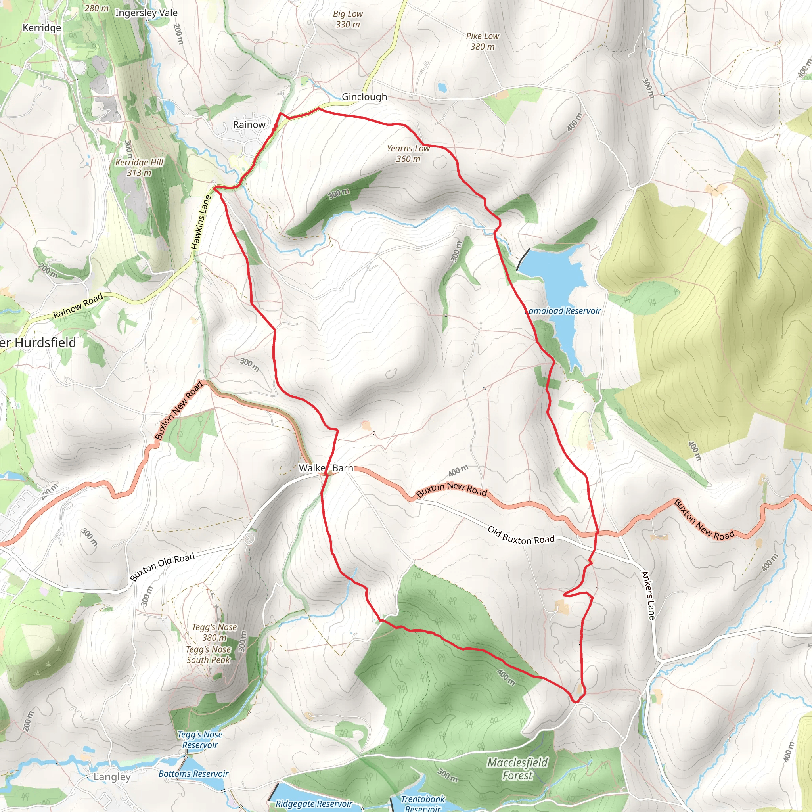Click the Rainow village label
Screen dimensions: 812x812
click(x=249, y=125)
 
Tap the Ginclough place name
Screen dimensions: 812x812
click(x=364, y=97)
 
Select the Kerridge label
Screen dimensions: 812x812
click(x=42, y=28)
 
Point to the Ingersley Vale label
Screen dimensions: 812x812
click(x=146, y=13)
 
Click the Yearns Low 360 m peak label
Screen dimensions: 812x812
click(x=408, y=153)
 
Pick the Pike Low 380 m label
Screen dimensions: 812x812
click(x=482, y=41)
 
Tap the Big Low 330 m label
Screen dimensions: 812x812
click(x=348, y=19)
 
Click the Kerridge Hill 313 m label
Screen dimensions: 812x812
click(x=139, y=167)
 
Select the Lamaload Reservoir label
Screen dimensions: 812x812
click(x=563, y=311)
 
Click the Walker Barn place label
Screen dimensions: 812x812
click(x=326, y=468)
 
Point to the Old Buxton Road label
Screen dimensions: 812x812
click(x=521, y=535)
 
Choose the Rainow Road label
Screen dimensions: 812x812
click(x=78, y=306)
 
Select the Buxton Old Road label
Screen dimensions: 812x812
click(x=162, y=567)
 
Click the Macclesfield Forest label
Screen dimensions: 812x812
click(x=517, y=769)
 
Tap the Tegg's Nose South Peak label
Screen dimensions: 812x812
click(x=209, y=654)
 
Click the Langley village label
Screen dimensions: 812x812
click(x=112, y=777)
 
